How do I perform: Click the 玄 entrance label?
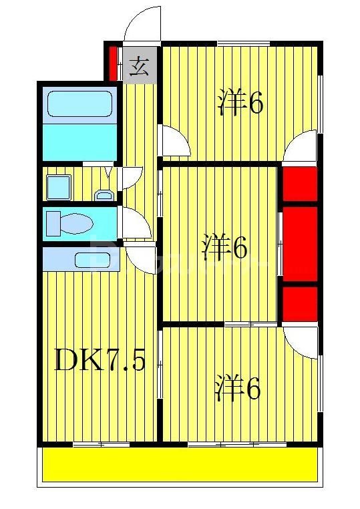pyautogui.click(x=138, y=67)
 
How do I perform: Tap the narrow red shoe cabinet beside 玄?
pyautogui.click(x=114, y=62)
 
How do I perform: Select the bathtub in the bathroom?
pyautogui.click(x=79, y=104)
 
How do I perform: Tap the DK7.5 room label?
pyautogui.click(x=99, y=361)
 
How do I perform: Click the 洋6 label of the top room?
pyautogui.click(x=240, y=104)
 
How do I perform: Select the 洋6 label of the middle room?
pyautogui.click(x=225, y=248)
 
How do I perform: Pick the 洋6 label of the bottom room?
pyautogui.click(x=237, y=389)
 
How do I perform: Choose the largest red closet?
pyautogui.click(x=299, y=244)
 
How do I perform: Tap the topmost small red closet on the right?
pyautogui.click(x=299, y=185)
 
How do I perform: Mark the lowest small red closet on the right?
pyautogui.click(x=299, y=303)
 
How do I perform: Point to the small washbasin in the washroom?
pyautogui.click(x=103, y=195)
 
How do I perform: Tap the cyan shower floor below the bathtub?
pyautogui.click(x=79, y=141)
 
